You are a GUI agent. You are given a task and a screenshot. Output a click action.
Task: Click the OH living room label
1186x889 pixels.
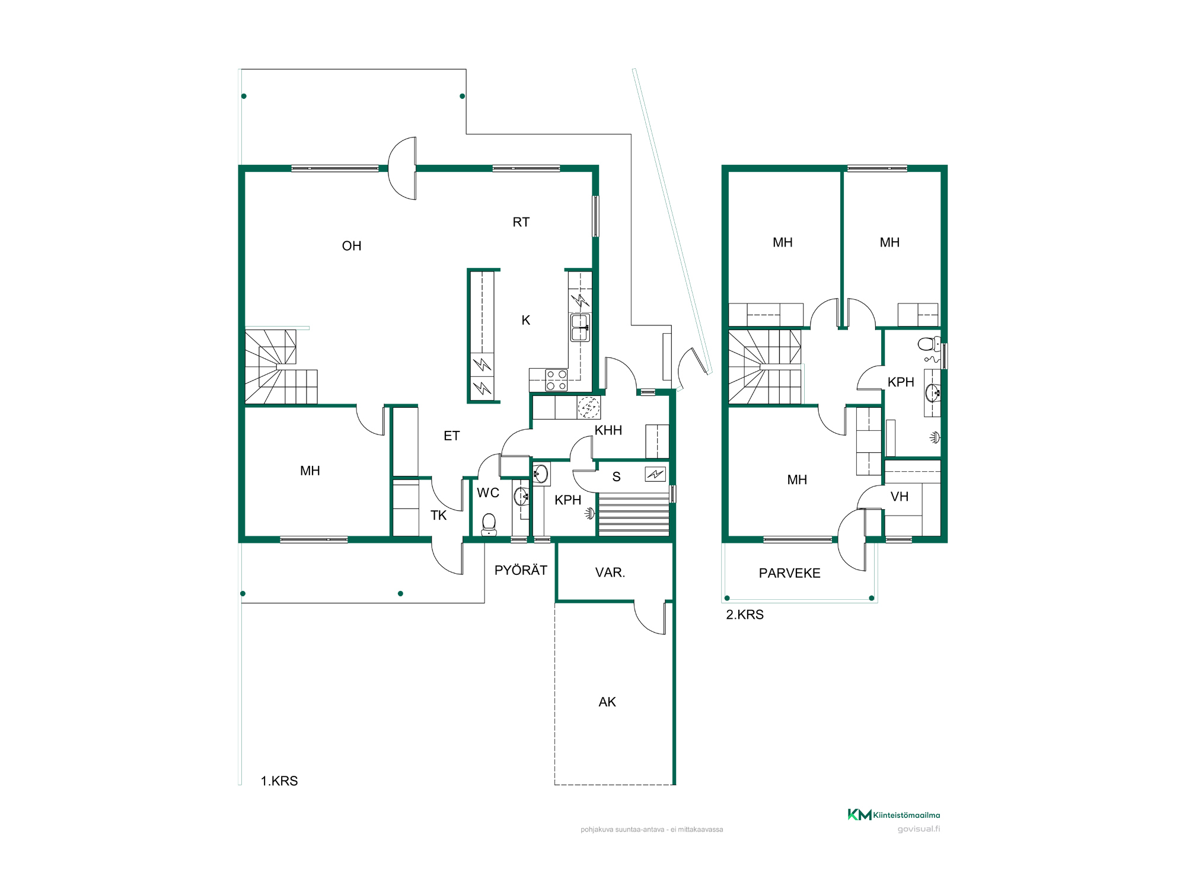pyautogui.click(x=352, y=246)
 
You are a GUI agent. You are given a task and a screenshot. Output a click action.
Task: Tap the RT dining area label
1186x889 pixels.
pyautogui.click(x=521, y=222)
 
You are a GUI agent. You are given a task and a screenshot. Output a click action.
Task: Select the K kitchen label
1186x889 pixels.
pyautogui.click(x=525, y=320)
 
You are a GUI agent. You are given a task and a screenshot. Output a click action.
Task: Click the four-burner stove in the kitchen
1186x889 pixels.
pyautogui.click(x=556, y=380)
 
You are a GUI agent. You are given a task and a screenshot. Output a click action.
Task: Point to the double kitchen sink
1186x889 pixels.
pyautogui.click(x=580, y=328)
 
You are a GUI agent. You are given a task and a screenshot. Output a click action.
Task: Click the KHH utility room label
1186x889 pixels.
pyautogui.click(x=608, y=430)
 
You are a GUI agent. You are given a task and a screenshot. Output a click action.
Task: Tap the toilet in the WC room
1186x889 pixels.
pyautogui.click(x=489, y=525)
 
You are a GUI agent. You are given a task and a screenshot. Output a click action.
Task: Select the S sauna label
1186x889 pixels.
pyautogui.click(x=617, y=477)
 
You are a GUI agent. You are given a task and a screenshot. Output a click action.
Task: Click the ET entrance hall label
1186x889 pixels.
pyautogui.click(x=451, y=436)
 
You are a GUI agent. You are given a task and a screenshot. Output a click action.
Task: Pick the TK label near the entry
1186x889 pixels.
pyautogui.click(x=438, y=516)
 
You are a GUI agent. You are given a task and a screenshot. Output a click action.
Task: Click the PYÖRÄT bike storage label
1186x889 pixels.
pyautogui.click(x=521, y=570)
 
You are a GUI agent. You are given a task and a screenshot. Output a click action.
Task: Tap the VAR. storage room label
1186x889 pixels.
pyautogui.click(x=610, y=573)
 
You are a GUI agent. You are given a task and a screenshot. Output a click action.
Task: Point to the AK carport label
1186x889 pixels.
pyautogui.click(x=607, y=702)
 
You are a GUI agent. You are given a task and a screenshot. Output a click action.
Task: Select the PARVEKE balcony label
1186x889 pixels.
pyautogui.click(x=789, y=573)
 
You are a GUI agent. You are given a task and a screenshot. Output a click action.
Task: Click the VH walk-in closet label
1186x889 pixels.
pyautogui.click(x=900, y=497)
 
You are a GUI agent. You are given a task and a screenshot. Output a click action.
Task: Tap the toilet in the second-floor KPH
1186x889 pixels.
pyautogui.click(x=929, y=344)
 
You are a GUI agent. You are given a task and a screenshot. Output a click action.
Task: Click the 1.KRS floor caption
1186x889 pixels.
pyautogui.click(x=279, y=781)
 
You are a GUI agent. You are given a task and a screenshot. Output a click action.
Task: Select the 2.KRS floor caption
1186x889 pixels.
pyautogui.click(x=745, y=615)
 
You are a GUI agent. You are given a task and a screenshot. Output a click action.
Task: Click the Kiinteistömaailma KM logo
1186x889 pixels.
pyautogui.click(x=894, y=815)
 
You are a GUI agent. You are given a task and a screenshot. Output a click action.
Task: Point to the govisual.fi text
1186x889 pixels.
pyautogui.click(x=919, y=829)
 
